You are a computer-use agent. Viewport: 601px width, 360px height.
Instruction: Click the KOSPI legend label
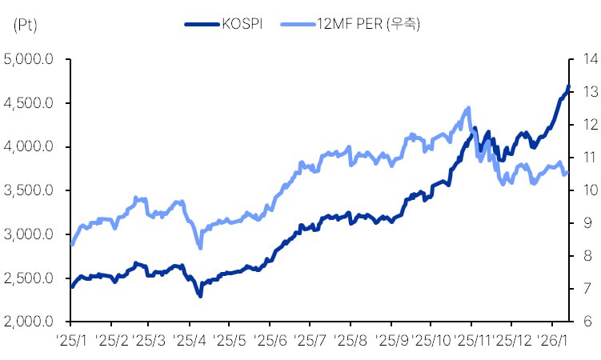pyautogui.click(x=244, y=24)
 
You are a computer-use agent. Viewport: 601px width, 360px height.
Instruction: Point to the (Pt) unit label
pyautogui.click(x=27, y=24)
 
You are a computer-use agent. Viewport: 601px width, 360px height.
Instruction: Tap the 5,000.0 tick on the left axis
pyautogui.click(x=29, y=59)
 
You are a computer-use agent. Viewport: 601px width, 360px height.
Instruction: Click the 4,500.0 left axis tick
pyautogui.click(x=29, y=103)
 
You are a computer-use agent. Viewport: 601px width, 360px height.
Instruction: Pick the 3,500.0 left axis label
pyautogui.click(x=29, y=190)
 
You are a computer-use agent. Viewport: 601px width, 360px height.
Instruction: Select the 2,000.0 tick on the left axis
pyautogui.click(x=29, y=322)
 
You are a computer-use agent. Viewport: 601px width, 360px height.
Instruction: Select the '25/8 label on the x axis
pyautogui.click(x=350, y=339)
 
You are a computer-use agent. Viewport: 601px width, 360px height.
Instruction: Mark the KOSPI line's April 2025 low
pyautogui.click(x=199, y=296)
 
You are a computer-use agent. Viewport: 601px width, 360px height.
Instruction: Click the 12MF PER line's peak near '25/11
pyautogui.click(x=468, y=108)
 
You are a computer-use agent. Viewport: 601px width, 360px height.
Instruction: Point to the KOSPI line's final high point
pyautogui.click(x=568, y=86)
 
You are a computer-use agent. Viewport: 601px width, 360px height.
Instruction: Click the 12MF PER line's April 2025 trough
pyautogui.click(x=199, y=247)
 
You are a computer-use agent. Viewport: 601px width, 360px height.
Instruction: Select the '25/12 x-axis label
pyautogui.click(x=512, y=339)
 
